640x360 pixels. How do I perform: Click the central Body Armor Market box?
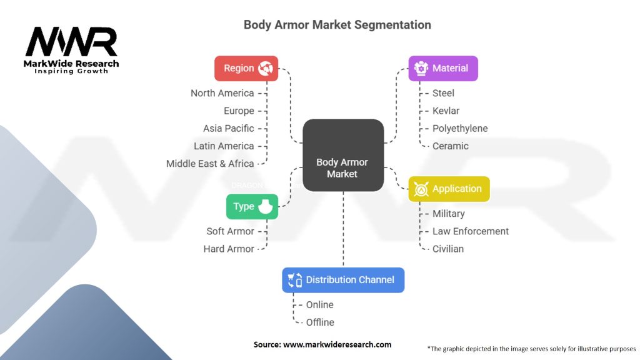click(343, 155)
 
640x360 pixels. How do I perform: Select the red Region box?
click(246, 68)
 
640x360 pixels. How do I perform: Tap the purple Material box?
click(443, 68)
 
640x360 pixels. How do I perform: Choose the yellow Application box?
click(449, 189)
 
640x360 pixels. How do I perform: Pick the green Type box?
click(252, 206)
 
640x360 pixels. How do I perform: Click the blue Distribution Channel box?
click(343, 280)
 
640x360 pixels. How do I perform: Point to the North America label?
click(222, 93)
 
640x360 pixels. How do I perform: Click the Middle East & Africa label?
click(210, 164)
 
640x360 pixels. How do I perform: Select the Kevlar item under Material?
click(446, 111)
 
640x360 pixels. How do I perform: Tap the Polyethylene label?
click(460, 128)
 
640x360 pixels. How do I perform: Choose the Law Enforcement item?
click(471, 231)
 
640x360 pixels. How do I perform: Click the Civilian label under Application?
click(448, 249)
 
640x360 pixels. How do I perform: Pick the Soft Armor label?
click(231, 231)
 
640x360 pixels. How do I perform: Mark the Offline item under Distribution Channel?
click(320, 322)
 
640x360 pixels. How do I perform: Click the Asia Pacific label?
click(229, 128)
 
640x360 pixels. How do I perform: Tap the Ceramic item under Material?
click(450, 146)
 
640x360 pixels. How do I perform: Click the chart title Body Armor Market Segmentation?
click(337, 25)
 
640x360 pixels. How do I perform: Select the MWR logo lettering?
click(71, 42)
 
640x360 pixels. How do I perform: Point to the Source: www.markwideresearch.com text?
click(322, 344)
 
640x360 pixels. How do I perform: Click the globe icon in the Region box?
click(266, 68)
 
